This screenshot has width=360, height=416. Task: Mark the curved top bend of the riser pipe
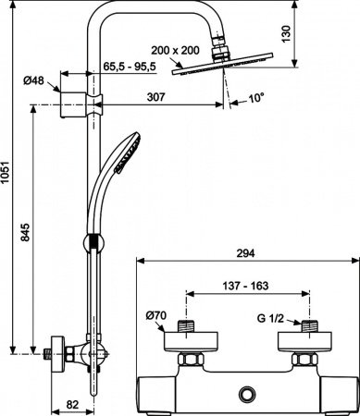click(x=102, y=20)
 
